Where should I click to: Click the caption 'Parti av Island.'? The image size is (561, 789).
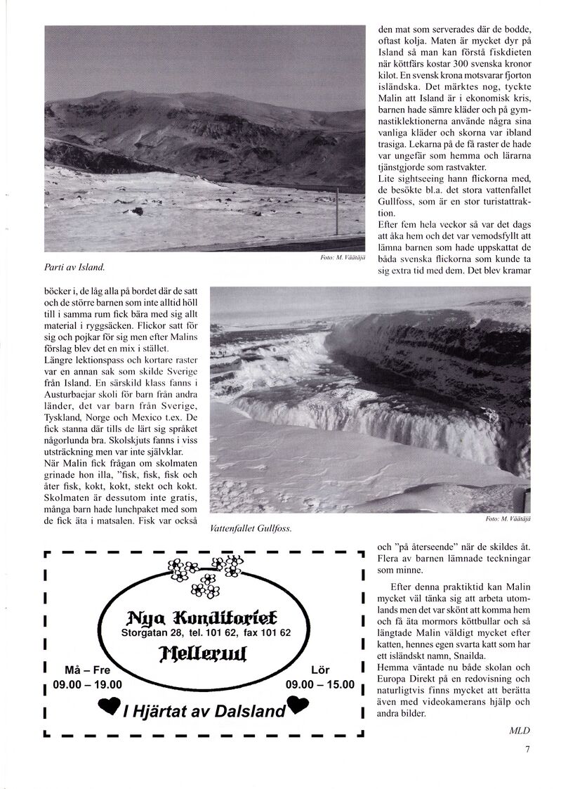pos(74,267)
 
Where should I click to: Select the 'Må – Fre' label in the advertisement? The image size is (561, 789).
pos(86,669)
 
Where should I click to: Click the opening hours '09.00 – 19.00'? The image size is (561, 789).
pos(86,684)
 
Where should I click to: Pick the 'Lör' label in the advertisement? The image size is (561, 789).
pos(320,669)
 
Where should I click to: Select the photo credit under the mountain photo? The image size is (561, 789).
pos(341,258)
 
